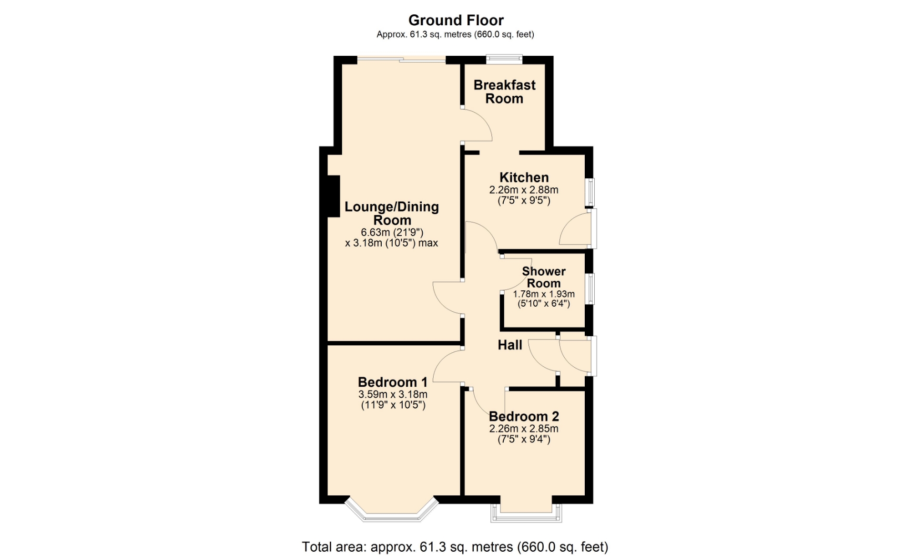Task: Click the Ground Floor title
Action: [x=456, y=20]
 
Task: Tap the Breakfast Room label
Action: [x=504, y=92]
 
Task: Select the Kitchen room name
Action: [x=524, y=177]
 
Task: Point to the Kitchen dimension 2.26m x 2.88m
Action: [x=524, y=190]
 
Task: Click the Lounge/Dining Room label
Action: [x=392, y=213]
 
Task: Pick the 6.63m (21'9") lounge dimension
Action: [x=392, y=232]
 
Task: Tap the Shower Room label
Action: [x=544, y=277]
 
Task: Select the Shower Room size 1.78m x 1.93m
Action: [x=544, y=294]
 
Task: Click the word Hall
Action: [x=510, y=345]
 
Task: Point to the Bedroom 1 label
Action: [x=393, y=382]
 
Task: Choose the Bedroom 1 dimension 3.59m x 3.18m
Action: [x=393, y=394]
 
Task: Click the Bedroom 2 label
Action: [x=524, y=416]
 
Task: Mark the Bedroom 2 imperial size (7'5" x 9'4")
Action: [x=524, y=439]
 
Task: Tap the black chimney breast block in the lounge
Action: [x=334, y=196]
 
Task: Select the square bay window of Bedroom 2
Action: [x=526, y=517]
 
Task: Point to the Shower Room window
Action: [x=590, y=288]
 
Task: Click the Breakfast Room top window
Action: [x=504, y=59]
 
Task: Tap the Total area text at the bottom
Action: [x=455, y=546]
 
